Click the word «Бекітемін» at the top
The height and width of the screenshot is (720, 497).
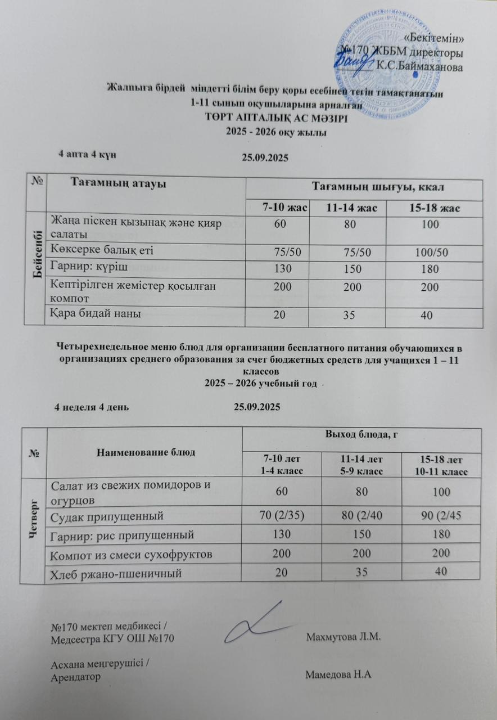pos(435,38)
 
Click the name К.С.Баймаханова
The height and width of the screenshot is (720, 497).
pos(420,67)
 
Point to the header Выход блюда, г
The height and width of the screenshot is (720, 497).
pos(362,434)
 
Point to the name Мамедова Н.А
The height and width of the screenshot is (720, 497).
pos(339,675)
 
